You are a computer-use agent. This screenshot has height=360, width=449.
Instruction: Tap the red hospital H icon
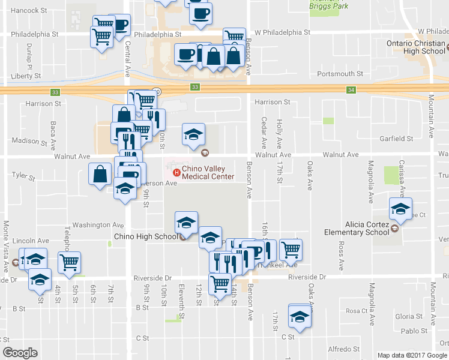[x=176, y=173]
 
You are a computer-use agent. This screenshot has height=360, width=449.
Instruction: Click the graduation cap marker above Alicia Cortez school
[x=400, y=209]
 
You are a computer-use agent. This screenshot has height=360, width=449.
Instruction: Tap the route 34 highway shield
[x=351, y=90]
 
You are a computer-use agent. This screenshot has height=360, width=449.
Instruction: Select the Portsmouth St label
[x=337, y=74]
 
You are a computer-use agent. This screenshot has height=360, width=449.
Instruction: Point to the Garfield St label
[x=396, y=139]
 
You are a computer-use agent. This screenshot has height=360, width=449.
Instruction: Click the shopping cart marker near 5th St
[x=70, y=262]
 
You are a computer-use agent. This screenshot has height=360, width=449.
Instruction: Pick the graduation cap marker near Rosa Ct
[x=300, y=316]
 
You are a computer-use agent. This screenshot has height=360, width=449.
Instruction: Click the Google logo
[x=20, y=353]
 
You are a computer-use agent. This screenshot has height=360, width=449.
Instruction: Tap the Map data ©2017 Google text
[x=411, y=355]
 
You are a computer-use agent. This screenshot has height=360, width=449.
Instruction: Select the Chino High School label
[x=146, y=236]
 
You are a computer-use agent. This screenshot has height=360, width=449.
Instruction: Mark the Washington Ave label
[x=98, y=225]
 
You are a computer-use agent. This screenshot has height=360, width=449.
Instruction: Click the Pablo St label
[x=414, y=331]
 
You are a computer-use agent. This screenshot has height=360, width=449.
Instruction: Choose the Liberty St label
[x=26, y=76]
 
